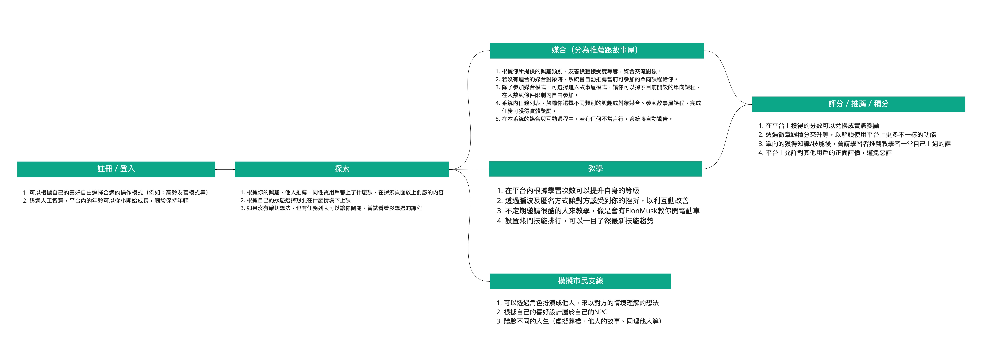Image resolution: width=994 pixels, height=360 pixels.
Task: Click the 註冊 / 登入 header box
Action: pos(116,169)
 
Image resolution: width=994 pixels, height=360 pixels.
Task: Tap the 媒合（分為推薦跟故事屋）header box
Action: pos(597,50)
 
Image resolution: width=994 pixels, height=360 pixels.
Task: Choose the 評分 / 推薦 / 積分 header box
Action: pos(858,104)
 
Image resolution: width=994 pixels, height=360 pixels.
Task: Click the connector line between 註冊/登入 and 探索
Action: pos(225,169)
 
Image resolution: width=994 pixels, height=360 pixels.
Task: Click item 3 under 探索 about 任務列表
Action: pos(331,208)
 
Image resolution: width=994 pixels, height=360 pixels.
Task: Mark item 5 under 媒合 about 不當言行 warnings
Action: pos(583,119)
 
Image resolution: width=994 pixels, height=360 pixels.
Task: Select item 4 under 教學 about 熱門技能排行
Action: pos(575,221)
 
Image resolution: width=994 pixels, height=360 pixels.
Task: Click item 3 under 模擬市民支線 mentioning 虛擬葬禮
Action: pos(579,321)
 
